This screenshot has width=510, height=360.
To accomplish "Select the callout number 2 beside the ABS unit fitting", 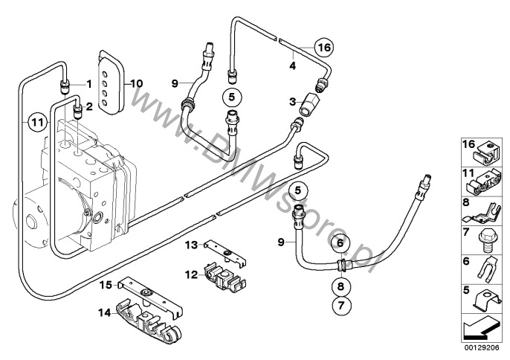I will [x=89, y=107].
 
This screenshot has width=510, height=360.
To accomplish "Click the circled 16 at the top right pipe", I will [x=323, y=48].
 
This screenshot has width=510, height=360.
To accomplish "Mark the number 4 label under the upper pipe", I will [x=293, y=66].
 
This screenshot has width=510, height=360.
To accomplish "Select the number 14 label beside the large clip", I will [x=105, y=313].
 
